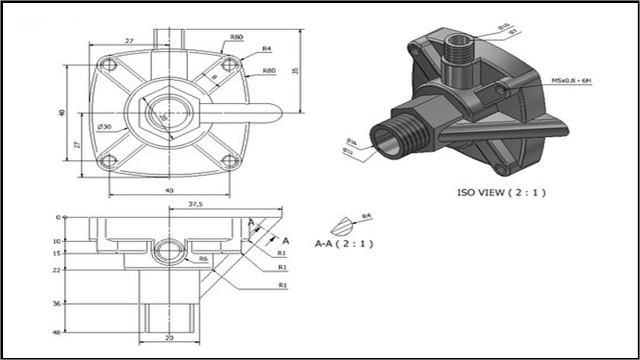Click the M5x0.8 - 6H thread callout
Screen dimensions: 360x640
(x=571, y=81)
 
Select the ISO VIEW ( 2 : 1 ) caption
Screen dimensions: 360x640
(x=501, y=192)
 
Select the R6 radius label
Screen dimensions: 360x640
(x=203, y=258)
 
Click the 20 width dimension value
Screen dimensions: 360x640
(x=170, y=337)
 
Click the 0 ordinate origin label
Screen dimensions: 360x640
(x=59, y=217)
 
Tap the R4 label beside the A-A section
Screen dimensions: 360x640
(x=367, y=216)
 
